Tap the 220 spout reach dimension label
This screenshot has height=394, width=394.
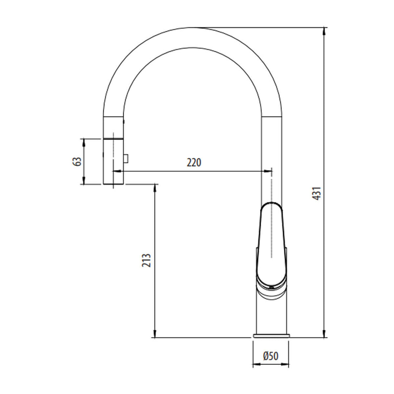(194, 162)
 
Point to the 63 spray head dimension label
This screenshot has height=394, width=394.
(77, 161)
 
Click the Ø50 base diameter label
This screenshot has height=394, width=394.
(270, 356)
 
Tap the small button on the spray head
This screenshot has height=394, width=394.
(126, 158)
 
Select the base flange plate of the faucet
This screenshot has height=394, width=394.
(271, 336)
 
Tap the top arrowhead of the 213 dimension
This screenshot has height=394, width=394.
(155, 187)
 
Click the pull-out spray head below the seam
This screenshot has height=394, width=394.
(113, 161)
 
